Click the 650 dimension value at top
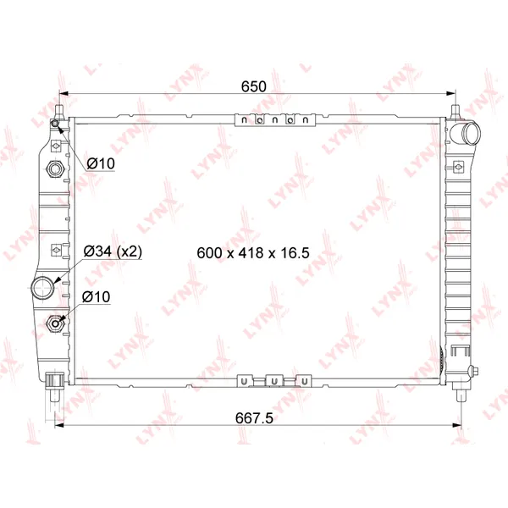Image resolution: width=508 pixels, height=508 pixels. (x=254, y=86)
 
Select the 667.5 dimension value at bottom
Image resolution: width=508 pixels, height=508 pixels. (x=254, y=418)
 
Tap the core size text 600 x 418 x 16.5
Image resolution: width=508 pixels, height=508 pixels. (x=253, y=252)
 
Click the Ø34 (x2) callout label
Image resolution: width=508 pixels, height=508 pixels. (x=113, y=251)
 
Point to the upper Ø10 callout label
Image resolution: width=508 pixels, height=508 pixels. (x=101, y=163)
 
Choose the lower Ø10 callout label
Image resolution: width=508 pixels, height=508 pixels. (x=96, y=297)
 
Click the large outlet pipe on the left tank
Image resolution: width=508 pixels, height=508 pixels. (x=43, y=288)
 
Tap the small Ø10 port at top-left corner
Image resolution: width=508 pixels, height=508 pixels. (x=55, y=124)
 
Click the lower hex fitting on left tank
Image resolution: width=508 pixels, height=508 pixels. (x=55, y=323)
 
